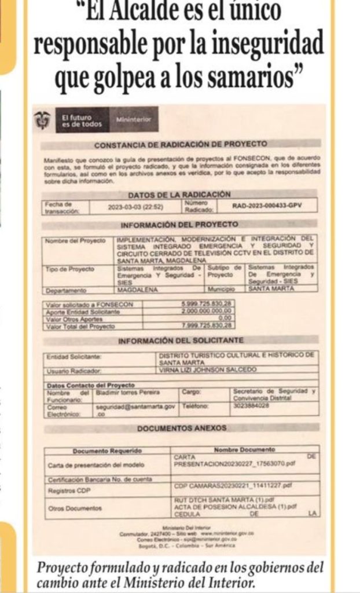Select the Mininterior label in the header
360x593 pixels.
point(134,119)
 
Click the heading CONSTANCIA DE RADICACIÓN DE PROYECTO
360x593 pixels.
point(181,144)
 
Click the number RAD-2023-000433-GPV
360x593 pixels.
point(266,206)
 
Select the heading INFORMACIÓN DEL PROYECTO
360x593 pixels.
point(179,224)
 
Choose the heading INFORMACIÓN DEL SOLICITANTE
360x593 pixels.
point(181,341)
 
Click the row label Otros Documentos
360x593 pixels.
point(75,508)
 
